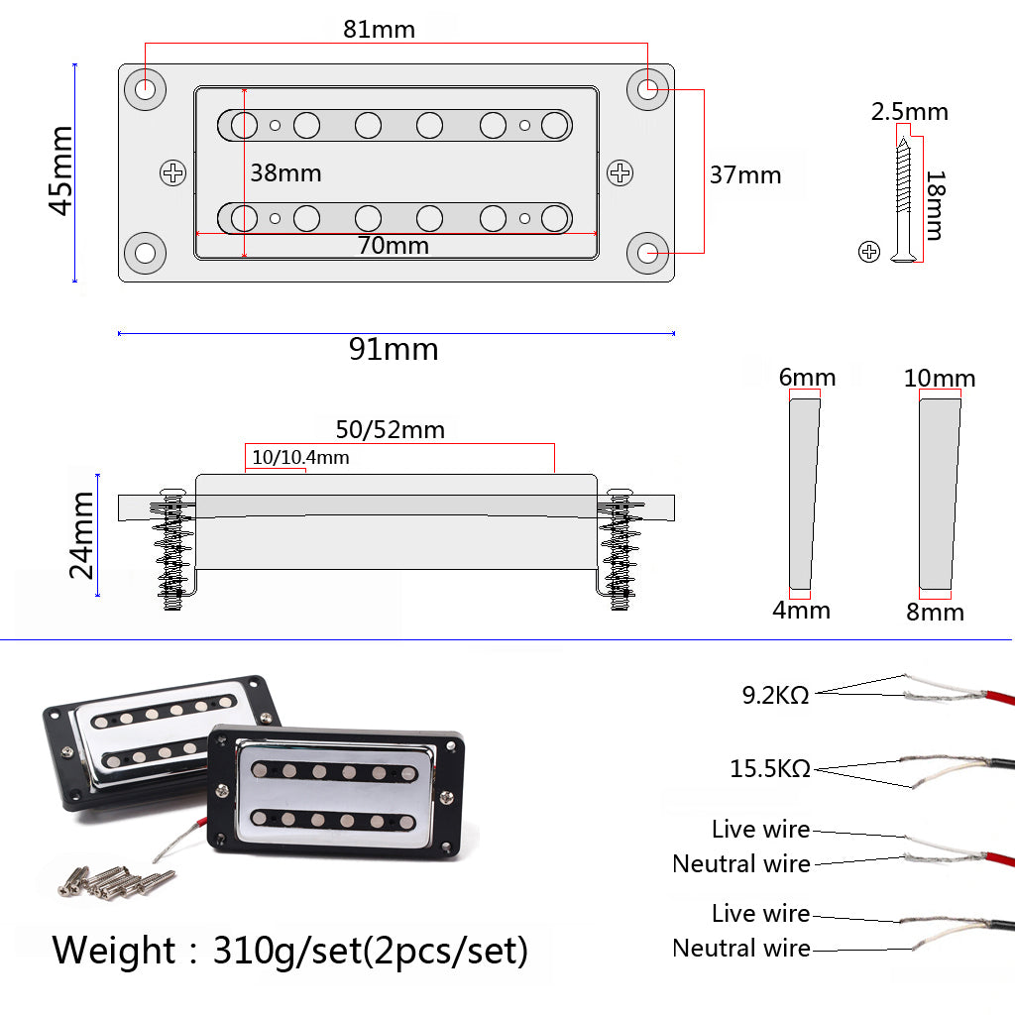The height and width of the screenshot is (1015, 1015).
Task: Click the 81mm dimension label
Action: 379,30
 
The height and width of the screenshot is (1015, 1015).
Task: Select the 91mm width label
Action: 394,350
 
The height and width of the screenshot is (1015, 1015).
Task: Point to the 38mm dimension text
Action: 285,173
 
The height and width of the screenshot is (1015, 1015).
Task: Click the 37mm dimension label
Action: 745,176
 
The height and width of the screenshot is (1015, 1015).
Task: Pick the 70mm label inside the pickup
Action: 394,245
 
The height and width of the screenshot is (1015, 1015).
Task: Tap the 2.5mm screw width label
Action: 909,112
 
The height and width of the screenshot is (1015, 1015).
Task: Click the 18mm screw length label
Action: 934,204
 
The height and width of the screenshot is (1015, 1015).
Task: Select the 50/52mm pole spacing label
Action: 390,430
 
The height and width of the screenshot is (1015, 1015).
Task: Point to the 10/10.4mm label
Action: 300,458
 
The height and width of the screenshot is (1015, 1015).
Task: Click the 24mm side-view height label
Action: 81,535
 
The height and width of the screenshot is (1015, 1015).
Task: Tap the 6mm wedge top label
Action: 807,378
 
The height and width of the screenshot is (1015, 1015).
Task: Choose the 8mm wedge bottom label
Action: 935,613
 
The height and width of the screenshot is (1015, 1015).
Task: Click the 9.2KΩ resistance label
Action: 776,696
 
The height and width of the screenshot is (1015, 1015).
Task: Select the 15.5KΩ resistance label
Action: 770,768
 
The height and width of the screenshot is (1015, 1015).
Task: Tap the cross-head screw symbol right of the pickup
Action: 620,173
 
